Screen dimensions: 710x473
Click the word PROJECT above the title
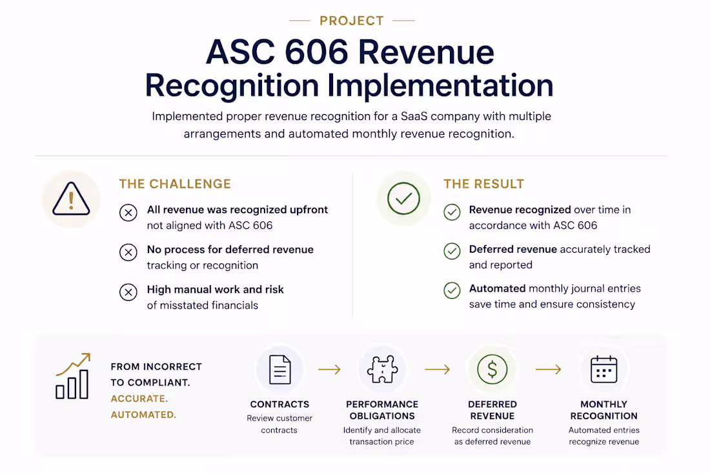351,21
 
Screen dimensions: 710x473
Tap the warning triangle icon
71,199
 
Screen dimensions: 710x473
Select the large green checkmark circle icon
403,199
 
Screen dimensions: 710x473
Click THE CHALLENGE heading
175,184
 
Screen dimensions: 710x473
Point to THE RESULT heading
483,184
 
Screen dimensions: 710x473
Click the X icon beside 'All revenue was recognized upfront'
128,212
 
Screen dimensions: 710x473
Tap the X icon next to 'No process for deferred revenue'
128,252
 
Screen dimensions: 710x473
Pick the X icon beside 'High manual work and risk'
128,292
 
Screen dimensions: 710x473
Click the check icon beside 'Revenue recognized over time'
452,212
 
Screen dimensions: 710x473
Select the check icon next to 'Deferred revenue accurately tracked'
452,251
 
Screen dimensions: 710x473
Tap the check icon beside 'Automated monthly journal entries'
452,290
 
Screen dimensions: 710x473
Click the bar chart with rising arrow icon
73,376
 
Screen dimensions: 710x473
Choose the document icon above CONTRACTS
280,370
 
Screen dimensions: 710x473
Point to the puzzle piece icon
383,369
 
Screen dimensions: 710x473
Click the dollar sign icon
492,369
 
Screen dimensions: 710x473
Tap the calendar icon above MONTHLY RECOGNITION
604,369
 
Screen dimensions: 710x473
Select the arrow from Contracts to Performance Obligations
330,370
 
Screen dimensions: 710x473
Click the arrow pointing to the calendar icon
549,370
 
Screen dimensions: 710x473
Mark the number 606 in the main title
316,52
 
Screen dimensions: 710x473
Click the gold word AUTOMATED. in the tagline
143,415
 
